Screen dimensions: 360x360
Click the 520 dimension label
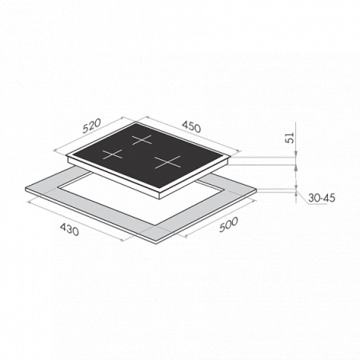point(92,126)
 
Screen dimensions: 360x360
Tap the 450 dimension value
point(191,127)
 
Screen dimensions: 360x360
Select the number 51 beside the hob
point(290,138)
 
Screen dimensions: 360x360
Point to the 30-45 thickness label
point(322,198)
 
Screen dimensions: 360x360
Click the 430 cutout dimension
point(70,230)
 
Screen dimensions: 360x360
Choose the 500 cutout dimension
point(229,224)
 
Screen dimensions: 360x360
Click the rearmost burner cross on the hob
point(142,139)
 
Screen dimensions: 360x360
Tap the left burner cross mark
point(112,154)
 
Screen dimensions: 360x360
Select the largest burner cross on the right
point(168,162)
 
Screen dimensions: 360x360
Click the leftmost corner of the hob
point(66,156)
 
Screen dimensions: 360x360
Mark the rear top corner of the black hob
point(136,122)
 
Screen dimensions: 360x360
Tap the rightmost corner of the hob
point(230,157)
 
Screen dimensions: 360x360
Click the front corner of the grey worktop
point(157,242)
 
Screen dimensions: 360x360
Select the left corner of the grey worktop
point(26,188)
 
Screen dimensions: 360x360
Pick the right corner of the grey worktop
point(256,190)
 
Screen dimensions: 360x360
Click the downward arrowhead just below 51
point(296,154)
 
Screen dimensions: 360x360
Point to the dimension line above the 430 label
point(75,220)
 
